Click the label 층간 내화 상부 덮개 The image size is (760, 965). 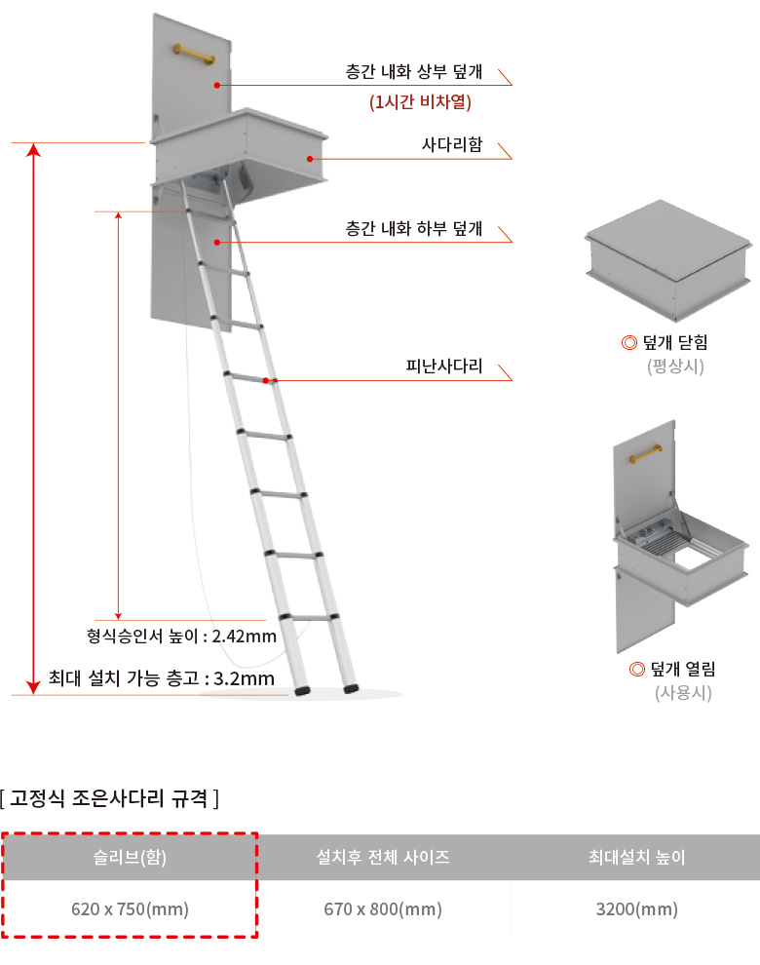tap(413, 72)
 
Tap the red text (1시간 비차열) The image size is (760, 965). tap(420, 101)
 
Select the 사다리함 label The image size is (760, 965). tap(452, 144)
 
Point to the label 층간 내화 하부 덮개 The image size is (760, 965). tap(413, 229)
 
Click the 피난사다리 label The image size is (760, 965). tap(444, 367)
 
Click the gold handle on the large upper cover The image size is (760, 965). tap(194, 54)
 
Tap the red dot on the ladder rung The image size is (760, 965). tap(266, 381)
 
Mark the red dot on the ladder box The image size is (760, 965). tap(310, 159)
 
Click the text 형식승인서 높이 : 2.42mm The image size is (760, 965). tap(181, 636)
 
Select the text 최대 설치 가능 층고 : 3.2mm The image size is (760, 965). tap(162, 678)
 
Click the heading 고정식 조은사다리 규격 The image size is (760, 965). tap(109, 798)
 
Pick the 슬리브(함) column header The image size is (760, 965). tap(130, 857)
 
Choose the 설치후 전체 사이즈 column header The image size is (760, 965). tap(383, 857)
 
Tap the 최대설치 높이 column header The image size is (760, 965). tap(636, 857)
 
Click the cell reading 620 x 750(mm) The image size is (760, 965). tap(130, 909)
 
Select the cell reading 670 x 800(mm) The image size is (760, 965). tap(383, 909)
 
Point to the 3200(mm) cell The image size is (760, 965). tap(636, 909)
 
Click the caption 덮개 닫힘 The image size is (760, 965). tap(675, 342)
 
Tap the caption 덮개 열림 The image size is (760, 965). tap(683, 669)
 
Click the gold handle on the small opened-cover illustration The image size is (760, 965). tap(646, 453)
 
